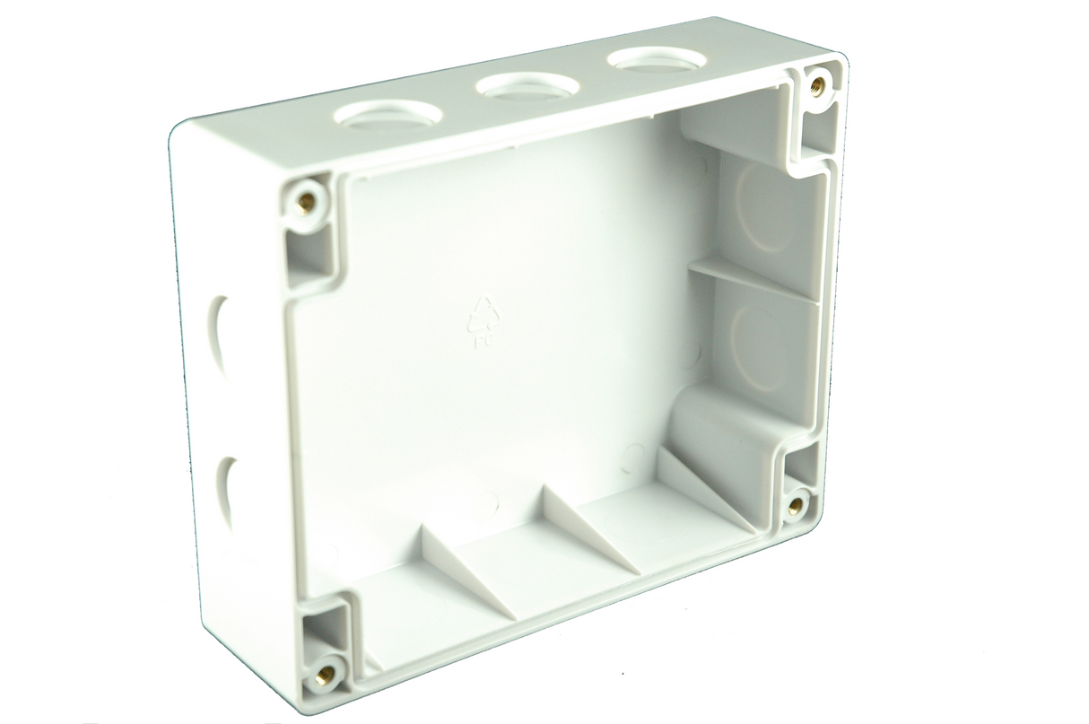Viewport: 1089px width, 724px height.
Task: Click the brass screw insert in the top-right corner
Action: tap(818, 85)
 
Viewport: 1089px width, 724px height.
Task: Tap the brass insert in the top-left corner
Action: tap(306, 200)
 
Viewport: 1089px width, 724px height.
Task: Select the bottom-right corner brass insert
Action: tap(795, 506)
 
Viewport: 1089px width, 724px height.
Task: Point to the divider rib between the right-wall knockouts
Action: tap(754, 278)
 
